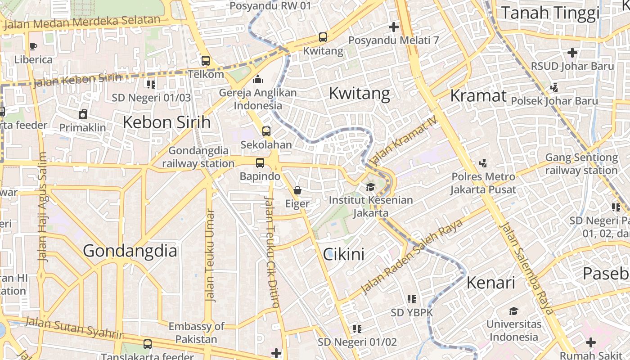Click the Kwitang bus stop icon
point(323,37)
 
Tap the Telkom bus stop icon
point(206,60)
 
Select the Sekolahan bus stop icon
point(266,131)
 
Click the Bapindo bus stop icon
point(260,163)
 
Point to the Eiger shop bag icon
point(297,190)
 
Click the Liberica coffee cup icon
point(33,46)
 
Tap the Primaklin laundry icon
point(83,114)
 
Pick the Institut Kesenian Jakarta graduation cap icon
point(370,187)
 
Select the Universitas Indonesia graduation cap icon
point(513,311)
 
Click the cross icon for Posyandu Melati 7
point(394,27)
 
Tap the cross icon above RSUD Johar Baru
point(572,53)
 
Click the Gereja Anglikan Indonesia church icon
point(258,79)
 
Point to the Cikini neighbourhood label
point(344,255)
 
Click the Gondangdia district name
point(130,251)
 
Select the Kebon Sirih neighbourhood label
point(166,122)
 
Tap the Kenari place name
point(490,283)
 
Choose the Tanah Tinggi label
point(550,13)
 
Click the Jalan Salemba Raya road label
point(526,269)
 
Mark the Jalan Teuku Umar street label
point(210,255)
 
